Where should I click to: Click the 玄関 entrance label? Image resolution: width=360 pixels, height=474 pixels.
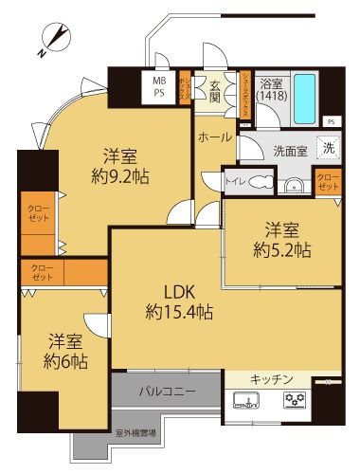tap(215, 91)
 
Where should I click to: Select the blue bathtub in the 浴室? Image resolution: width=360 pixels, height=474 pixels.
tap(304, 96)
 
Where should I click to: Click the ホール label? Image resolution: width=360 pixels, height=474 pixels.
tap(215, 137)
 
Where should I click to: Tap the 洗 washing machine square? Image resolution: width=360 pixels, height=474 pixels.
tap(325, 147)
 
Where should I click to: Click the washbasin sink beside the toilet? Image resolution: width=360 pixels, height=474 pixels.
tap(293, 184)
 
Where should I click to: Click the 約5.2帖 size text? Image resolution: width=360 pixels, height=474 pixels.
tap(281, 250)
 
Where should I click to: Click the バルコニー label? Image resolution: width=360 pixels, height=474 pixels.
tap(166, 390)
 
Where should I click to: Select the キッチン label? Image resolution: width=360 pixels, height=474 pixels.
tap(271, 379)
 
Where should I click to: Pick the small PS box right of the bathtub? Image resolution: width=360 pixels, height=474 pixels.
tap(330, 122)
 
